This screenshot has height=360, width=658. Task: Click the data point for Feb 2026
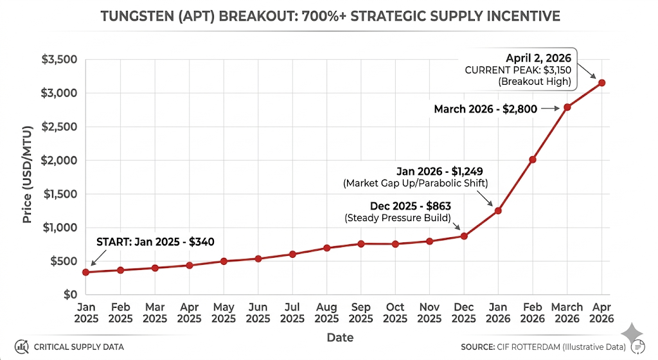(533, 159)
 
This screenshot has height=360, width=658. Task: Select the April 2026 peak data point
(601, 82)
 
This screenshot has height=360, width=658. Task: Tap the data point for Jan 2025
(86, 272)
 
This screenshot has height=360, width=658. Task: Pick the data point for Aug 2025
(326, 248)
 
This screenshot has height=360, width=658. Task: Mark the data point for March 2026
(567, 107)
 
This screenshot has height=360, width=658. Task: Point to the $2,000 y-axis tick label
(60, 160)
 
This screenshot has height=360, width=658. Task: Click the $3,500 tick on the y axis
(60, 60)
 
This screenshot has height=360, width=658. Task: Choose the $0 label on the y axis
(69, 294)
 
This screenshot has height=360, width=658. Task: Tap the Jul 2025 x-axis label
(292, 312)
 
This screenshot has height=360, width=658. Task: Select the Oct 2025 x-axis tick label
(395, 312)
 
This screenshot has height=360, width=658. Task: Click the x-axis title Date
(339, 337)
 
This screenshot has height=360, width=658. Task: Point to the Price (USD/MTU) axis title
(28, 177)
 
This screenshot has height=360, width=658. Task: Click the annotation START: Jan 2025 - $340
(155, 242)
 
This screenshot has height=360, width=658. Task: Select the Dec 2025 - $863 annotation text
(411, 206)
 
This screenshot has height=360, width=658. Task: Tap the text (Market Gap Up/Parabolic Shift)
(417, 184)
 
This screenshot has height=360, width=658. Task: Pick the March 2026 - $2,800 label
(485, 109)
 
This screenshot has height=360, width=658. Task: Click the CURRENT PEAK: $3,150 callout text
(518, 69)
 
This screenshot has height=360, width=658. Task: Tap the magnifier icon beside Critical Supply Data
(21, 346)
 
